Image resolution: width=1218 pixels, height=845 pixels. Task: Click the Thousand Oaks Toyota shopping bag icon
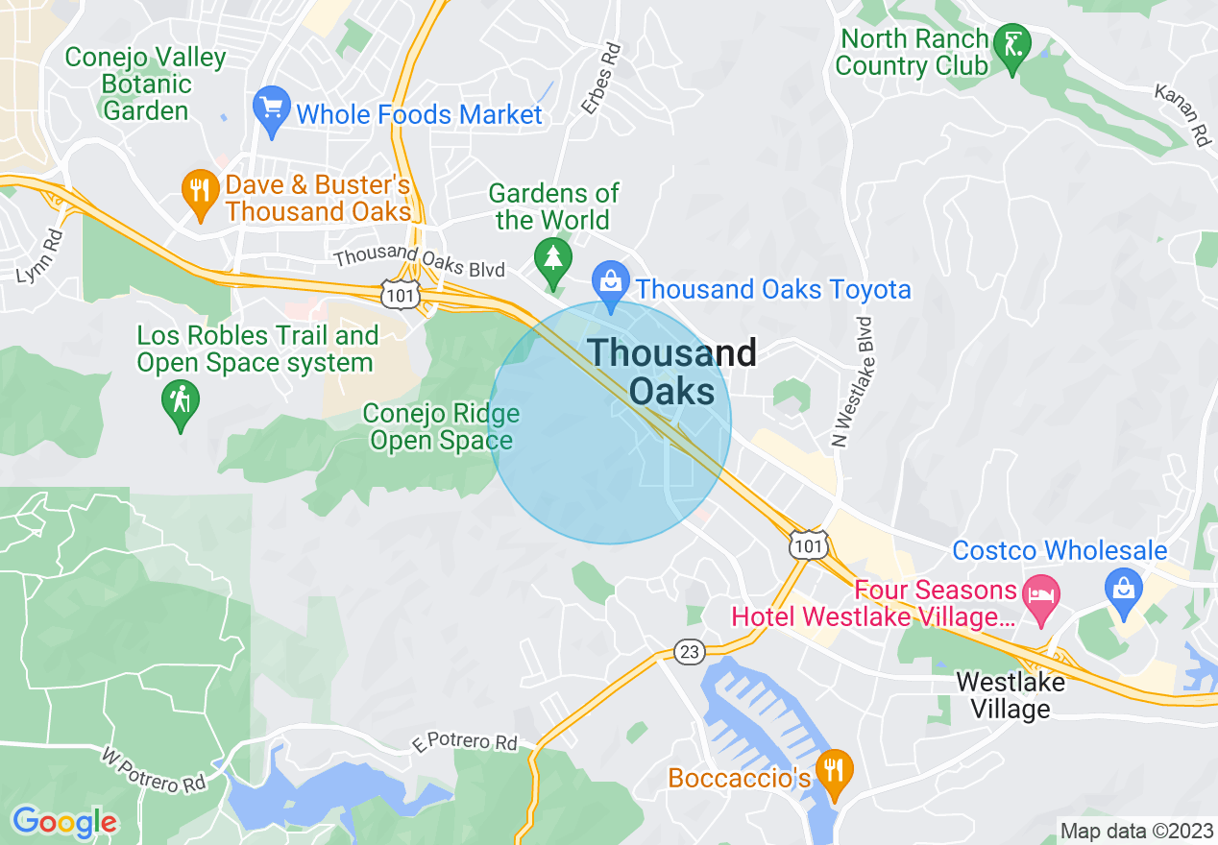[610, 283]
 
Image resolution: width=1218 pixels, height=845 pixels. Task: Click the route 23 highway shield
[689, 652]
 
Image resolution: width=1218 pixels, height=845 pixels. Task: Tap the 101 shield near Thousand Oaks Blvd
[399, 296]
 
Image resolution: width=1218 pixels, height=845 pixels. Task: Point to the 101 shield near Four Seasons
[808, 545]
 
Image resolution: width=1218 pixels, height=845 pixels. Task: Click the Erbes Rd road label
[601, 78]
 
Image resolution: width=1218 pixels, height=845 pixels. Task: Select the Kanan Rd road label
[1181, 114]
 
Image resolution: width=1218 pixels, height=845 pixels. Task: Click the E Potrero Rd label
[464, 742]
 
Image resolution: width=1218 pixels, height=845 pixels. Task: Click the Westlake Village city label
[1011, 695]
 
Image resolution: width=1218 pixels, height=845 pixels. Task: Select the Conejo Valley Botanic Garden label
[145, 84]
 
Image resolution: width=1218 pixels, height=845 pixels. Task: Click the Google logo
[64, 822]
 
